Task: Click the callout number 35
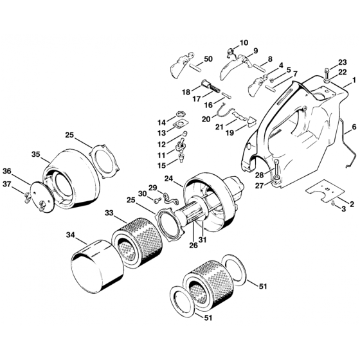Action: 35,154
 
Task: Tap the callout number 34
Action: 71,235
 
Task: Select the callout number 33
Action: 109,213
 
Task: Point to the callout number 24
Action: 169,179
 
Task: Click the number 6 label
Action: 354,127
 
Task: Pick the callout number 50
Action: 208,59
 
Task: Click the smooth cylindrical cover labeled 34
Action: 98,267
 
